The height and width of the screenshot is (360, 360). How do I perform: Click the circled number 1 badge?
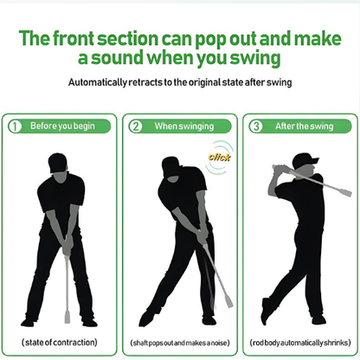[x=14, y=125]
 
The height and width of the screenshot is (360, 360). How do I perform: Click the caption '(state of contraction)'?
[x=60, y=342]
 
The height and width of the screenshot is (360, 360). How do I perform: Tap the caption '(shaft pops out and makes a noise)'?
[x=179, y=342]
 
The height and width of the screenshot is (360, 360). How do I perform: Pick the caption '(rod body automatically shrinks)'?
[x=299, y=342]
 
